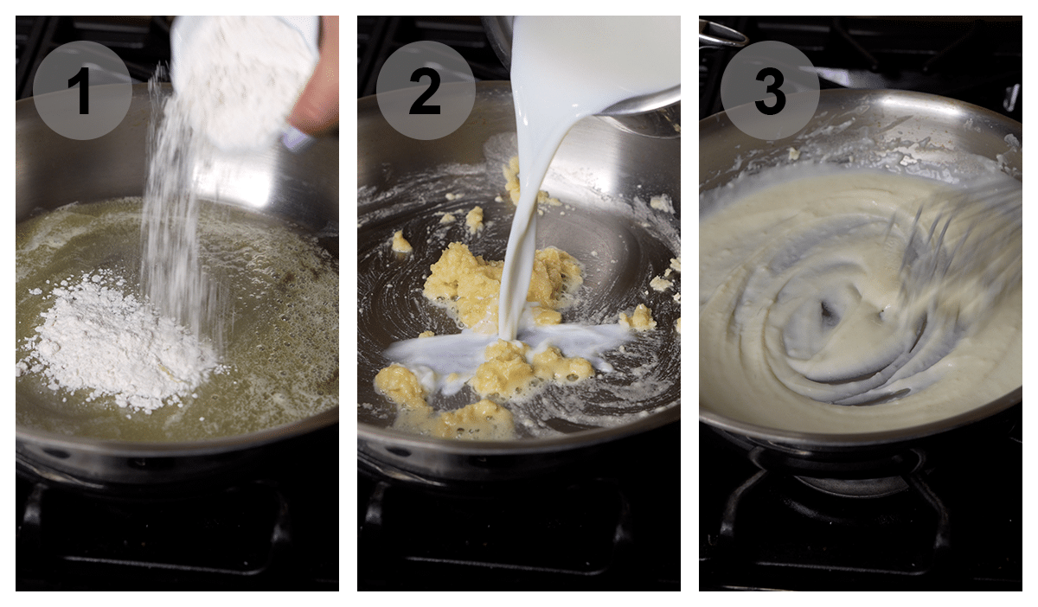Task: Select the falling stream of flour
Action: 173,216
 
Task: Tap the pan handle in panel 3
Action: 721,35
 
